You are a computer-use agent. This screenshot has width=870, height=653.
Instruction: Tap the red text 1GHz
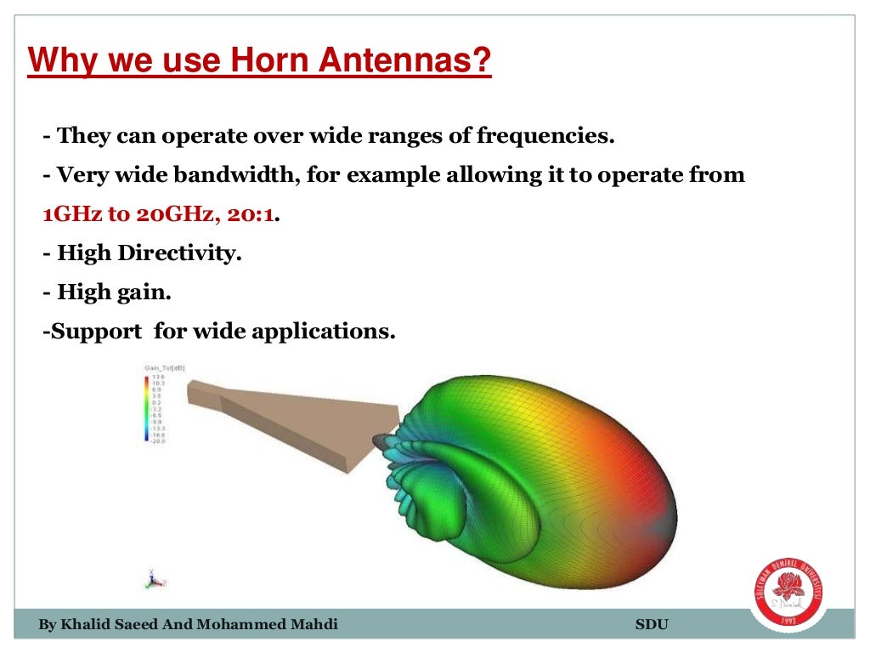71,214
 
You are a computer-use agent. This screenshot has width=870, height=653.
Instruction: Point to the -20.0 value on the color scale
158,442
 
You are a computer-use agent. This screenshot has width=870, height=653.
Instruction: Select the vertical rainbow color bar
147,408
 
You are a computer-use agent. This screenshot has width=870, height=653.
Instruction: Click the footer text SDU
652,626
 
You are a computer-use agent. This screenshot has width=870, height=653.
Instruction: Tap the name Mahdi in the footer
313,626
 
